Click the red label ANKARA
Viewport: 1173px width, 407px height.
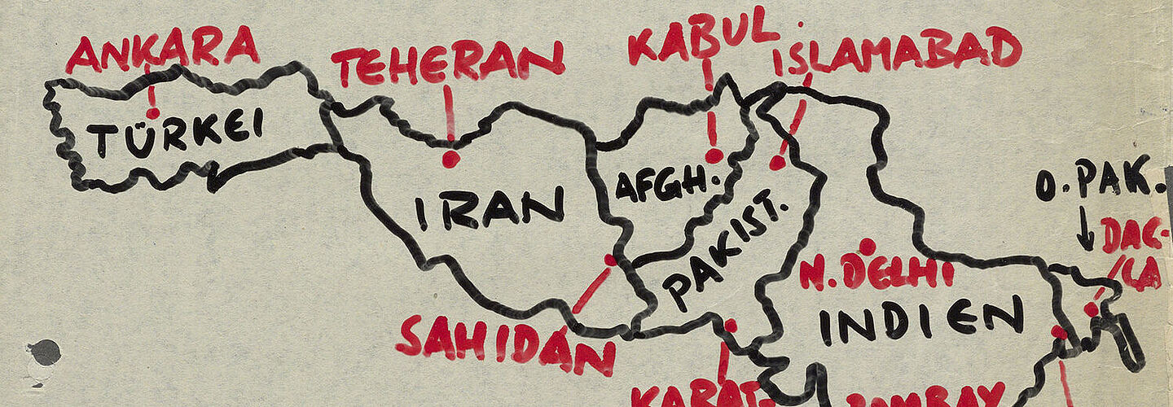tap(163, 49)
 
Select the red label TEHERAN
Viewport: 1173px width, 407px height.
tap(446, 63)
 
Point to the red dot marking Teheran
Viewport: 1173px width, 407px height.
tap(450, 160)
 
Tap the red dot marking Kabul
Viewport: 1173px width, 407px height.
tap(714, 155)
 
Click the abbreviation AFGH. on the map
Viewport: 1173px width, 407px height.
tap(661, 185)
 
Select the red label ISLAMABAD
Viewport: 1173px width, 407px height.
tap(896, 50)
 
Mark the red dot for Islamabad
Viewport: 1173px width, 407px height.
tap(778, 162)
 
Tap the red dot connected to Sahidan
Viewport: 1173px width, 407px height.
tap(610, 260)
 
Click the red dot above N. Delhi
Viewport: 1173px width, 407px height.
tap(867, 246)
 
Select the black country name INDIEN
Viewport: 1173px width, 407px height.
tap(920, 319)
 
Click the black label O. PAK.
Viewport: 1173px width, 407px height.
tap(1096, 183)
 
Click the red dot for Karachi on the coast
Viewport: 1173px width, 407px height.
tap(730, 326)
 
